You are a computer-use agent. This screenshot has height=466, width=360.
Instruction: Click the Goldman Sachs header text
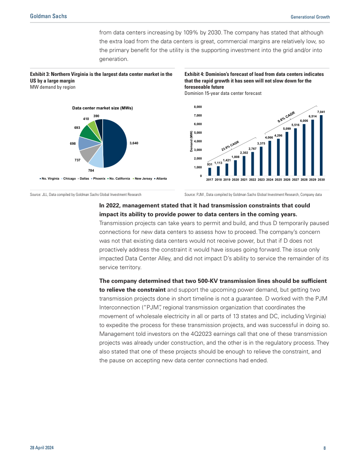point(49,16)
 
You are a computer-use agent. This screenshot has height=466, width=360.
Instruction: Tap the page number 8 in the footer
point(324,448)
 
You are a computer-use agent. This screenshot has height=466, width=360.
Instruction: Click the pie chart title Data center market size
point(102,108)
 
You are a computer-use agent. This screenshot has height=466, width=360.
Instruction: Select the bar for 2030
point(321,146)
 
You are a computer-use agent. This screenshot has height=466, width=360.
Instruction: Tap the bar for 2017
point(210,172)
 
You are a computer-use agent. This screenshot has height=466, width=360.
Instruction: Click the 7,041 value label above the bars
point(321,113)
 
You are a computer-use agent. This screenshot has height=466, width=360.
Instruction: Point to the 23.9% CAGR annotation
point(230,146)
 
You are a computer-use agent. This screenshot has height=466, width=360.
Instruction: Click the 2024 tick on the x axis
point(270,180)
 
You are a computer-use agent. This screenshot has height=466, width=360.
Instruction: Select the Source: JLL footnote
point(86,194)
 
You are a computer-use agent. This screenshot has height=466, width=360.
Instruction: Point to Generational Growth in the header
point(310,17)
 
